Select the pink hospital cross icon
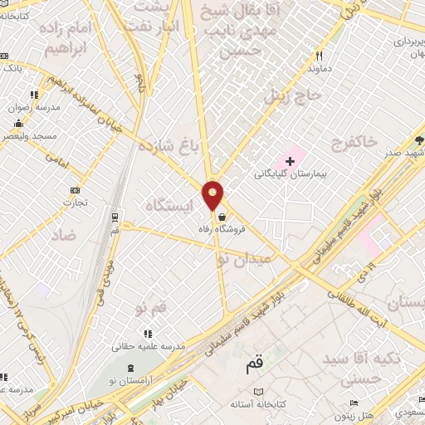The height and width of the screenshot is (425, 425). click(290, 159)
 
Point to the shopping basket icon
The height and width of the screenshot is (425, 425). click(221, 214)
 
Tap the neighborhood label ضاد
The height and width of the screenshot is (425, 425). click(63, 236)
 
